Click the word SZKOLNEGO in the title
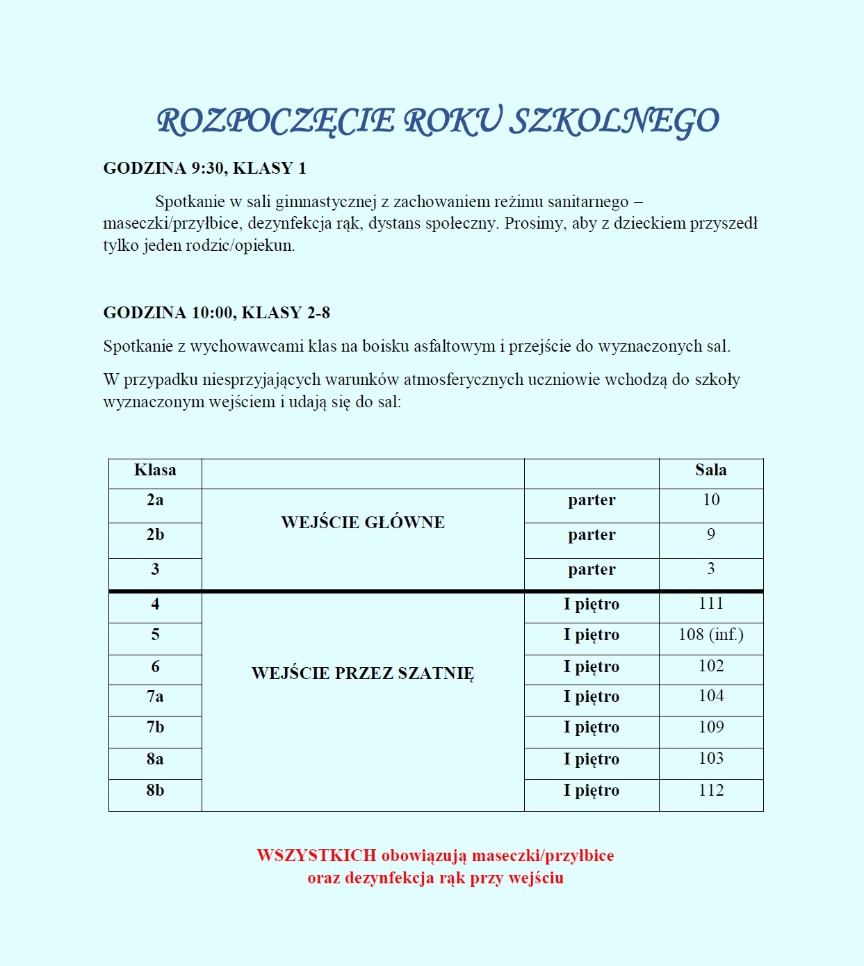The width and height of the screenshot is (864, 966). pos(614,122)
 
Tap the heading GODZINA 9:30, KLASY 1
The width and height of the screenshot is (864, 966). pos(204,168)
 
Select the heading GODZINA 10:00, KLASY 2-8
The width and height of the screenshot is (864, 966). pos(216,313)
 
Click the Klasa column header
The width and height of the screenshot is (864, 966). pos(155,470)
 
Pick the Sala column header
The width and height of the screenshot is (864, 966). pos(710,470)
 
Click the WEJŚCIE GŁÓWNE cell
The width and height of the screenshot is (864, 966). pos(363,523)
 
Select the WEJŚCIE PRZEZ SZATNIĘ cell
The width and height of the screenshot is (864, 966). pos(363,673)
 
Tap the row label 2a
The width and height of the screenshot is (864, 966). pos(155,500)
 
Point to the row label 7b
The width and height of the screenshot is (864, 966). pos(155,728)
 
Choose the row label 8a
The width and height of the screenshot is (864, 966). pos(155,759)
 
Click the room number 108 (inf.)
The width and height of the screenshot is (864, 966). pos(710,635)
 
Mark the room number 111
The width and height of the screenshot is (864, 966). pos(710,604)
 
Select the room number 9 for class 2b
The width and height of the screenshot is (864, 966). pos(710,534)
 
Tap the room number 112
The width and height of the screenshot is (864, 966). pos(710,790)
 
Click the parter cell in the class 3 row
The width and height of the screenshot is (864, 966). pos(592,570)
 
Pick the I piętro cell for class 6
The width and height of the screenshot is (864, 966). pos(592,666)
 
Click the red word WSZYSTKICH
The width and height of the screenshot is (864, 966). pos(316,856)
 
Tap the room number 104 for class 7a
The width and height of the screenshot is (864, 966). pos(710,696)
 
